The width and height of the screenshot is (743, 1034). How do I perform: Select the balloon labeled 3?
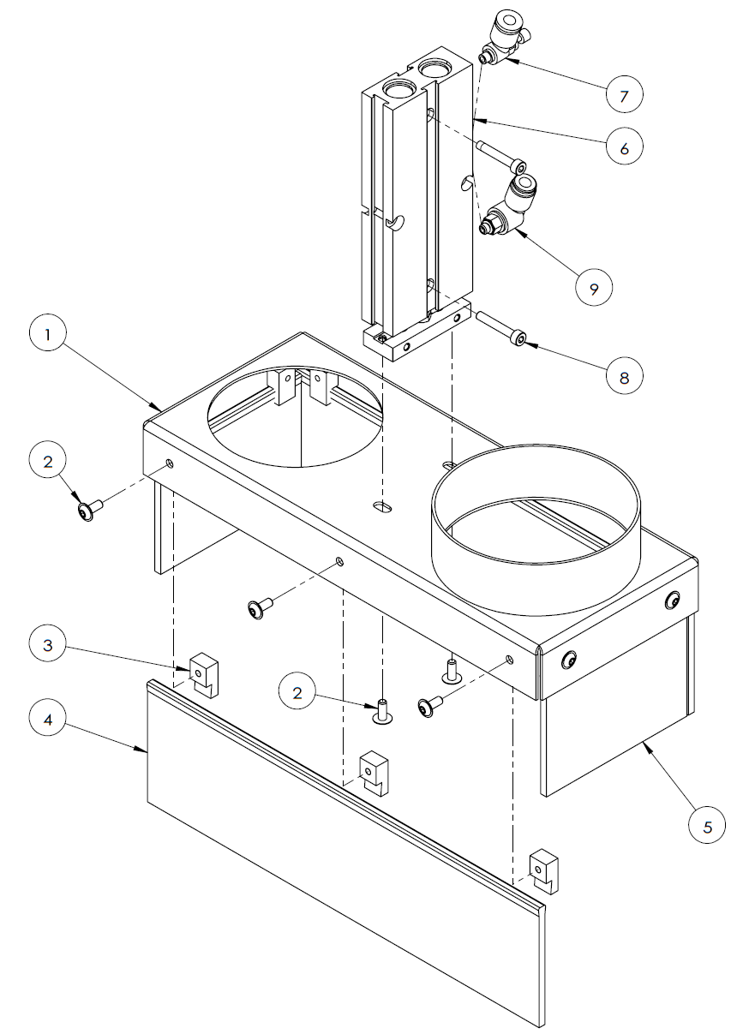pos(47,644)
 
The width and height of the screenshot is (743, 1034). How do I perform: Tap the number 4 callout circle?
pos(47,720)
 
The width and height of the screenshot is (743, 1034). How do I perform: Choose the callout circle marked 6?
pos(625,148)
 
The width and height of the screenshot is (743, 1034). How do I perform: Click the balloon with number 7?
pos(625,94)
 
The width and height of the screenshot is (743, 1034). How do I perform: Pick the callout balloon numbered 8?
pos(625,374)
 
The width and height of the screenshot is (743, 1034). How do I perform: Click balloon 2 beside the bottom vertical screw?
pos(298,694)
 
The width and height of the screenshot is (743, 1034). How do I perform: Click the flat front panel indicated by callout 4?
pos(343,848)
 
